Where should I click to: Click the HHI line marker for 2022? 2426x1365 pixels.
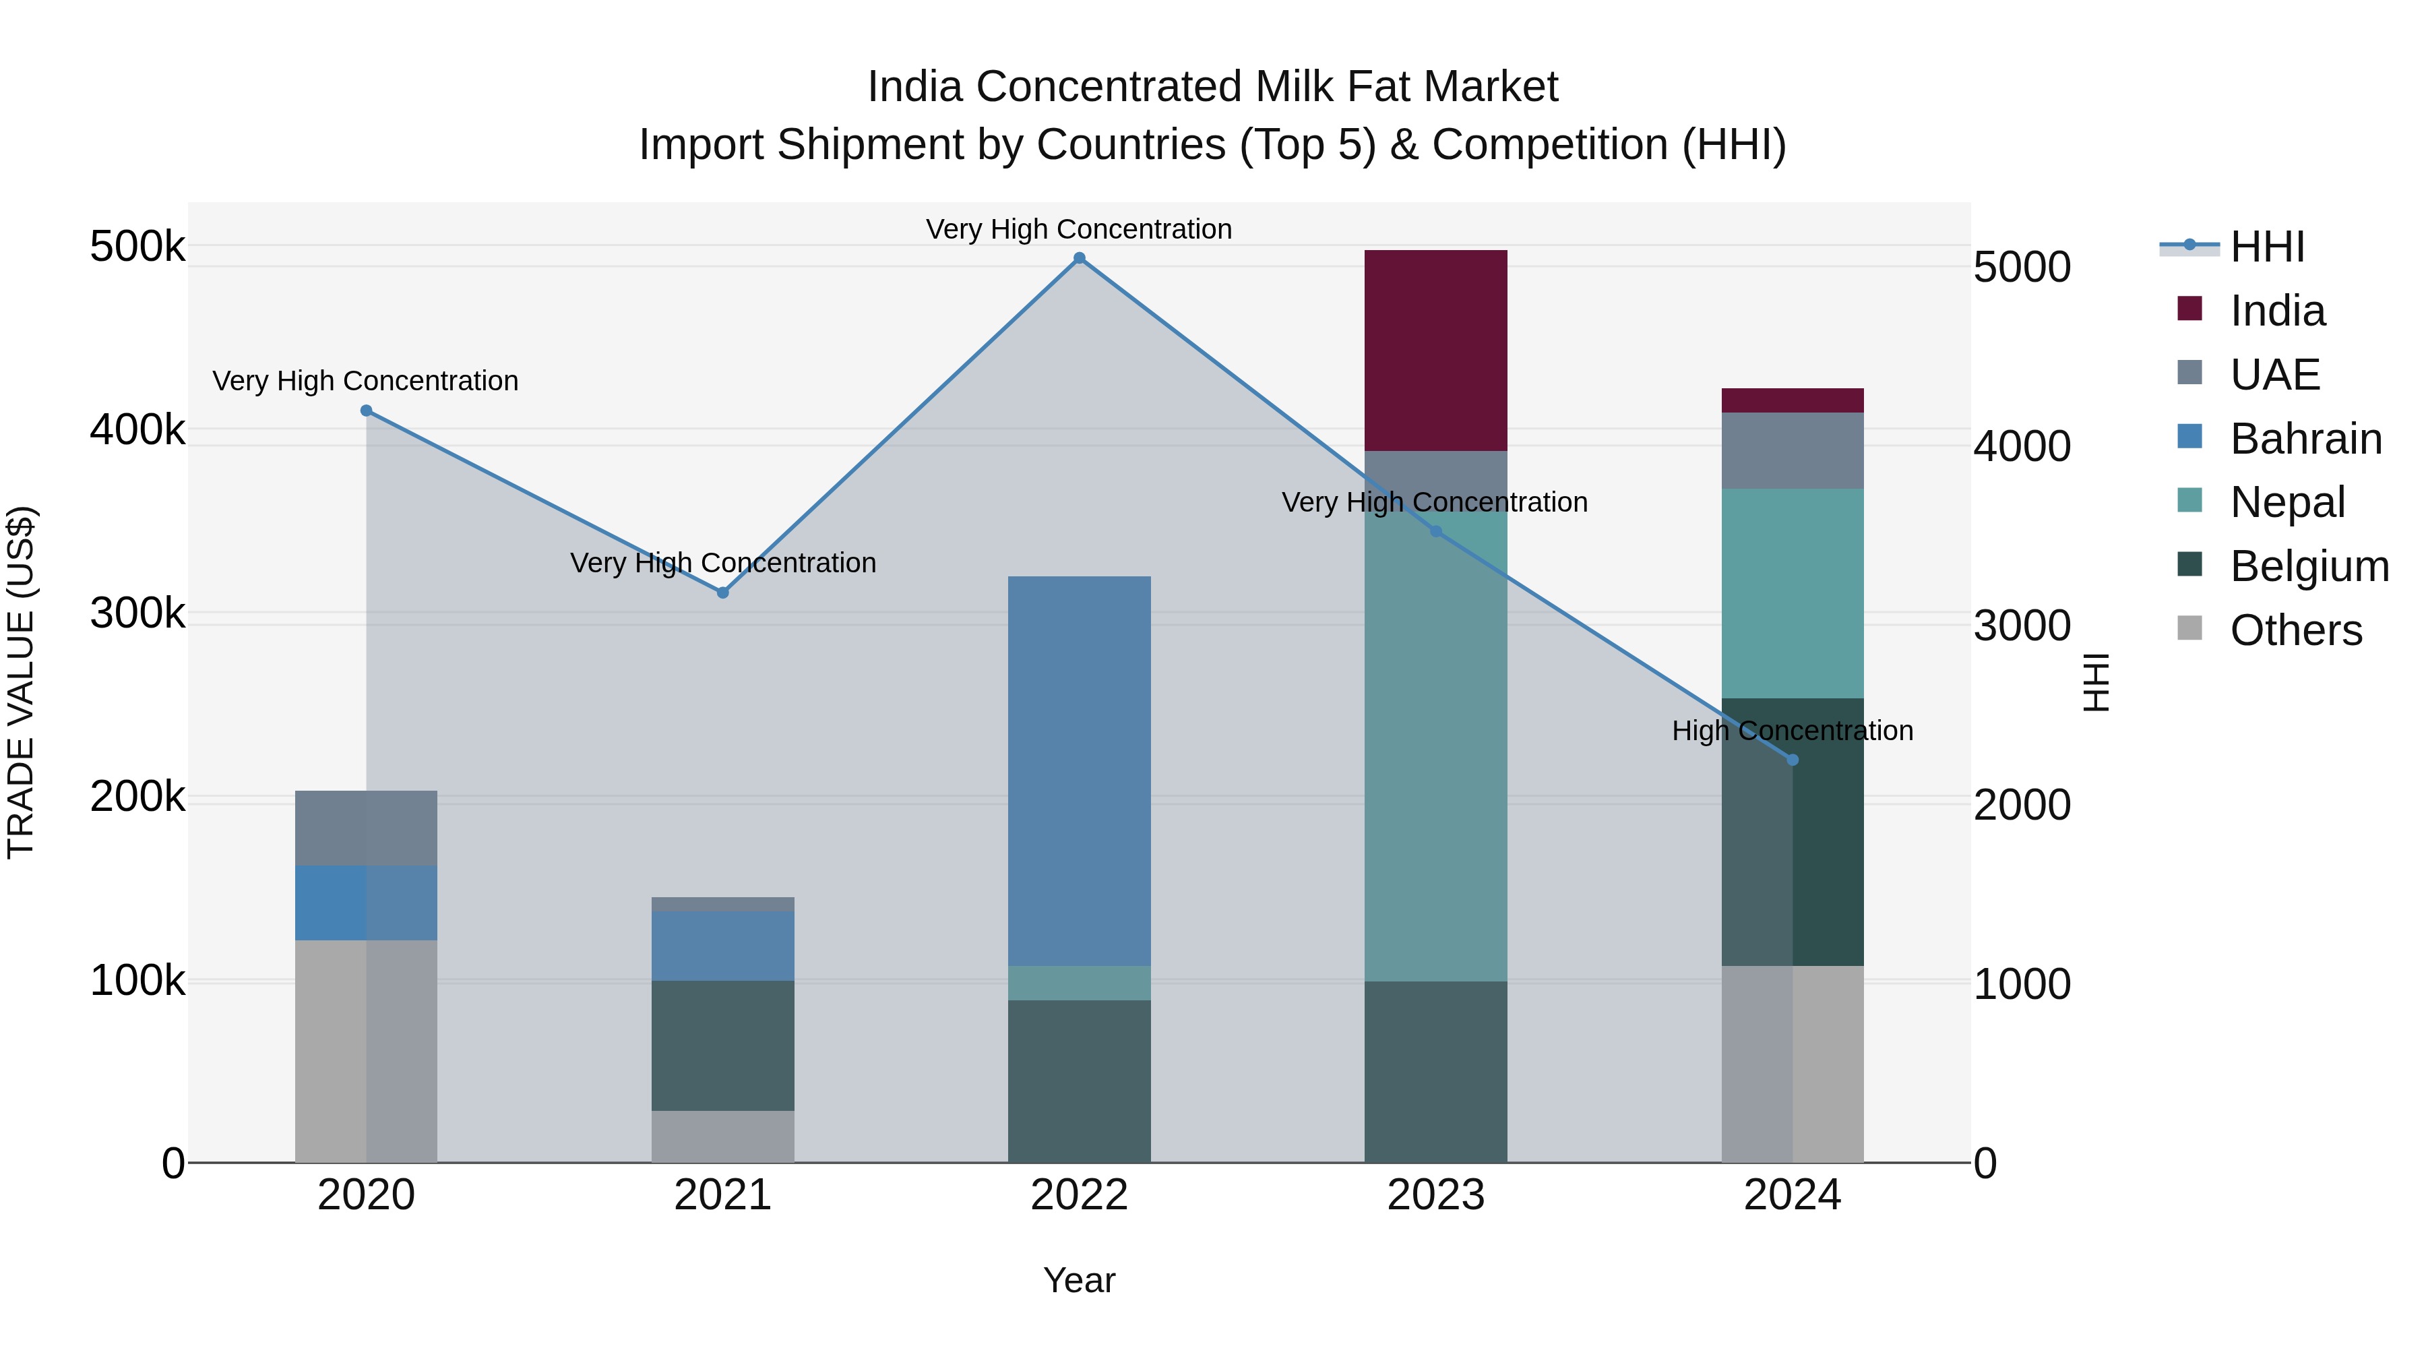[1080, 258]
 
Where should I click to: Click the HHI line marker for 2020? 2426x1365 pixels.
[367, 411]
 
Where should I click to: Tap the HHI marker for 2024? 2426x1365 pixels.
[1792, 759]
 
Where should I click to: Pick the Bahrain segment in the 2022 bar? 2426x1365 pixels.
[1080, 770]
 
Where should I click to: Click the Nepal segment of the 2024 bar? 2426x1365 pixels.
[1792, 593]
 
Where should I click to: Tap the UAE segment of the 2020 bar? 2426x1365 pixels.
[367, 827]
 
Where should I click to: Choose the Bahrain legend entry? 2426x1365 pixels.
[2305, 439]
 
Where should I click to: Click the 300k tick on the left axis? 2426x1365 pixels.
[137, 613]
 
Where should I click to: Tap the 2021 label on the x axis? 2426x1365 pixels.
[722, 1195]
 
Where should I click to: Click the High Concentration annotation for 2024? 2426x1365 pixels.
[1792, 730]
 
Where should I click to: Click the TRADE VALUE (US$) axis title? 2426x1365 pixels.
[21, 682]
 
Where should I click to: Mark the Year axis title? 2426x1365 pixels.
[1080, 1280]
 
